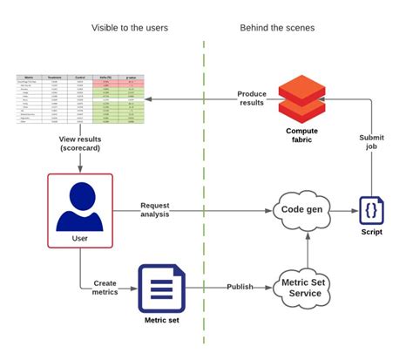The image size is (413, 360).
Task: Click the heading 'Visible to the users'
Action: click(130, 28)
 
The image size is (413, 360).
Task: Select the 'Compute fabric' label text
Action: click(301, 137)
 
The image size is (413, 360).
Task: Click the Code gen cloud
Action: click(299, 210)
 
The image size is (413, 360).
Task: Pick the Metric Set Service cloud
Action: click(299, 287)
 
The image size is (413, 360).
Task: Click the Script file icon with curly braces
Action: click(370, 211)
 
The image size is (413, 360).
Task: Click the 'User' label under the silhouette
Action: click(79, 237)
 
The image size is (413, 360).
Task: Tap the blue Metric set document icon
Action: click(162, 288)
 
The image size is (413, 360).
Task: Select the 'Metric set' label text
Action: click(162, 320)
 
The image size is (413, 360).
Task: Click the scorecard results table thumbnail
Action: click(79, 99)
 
